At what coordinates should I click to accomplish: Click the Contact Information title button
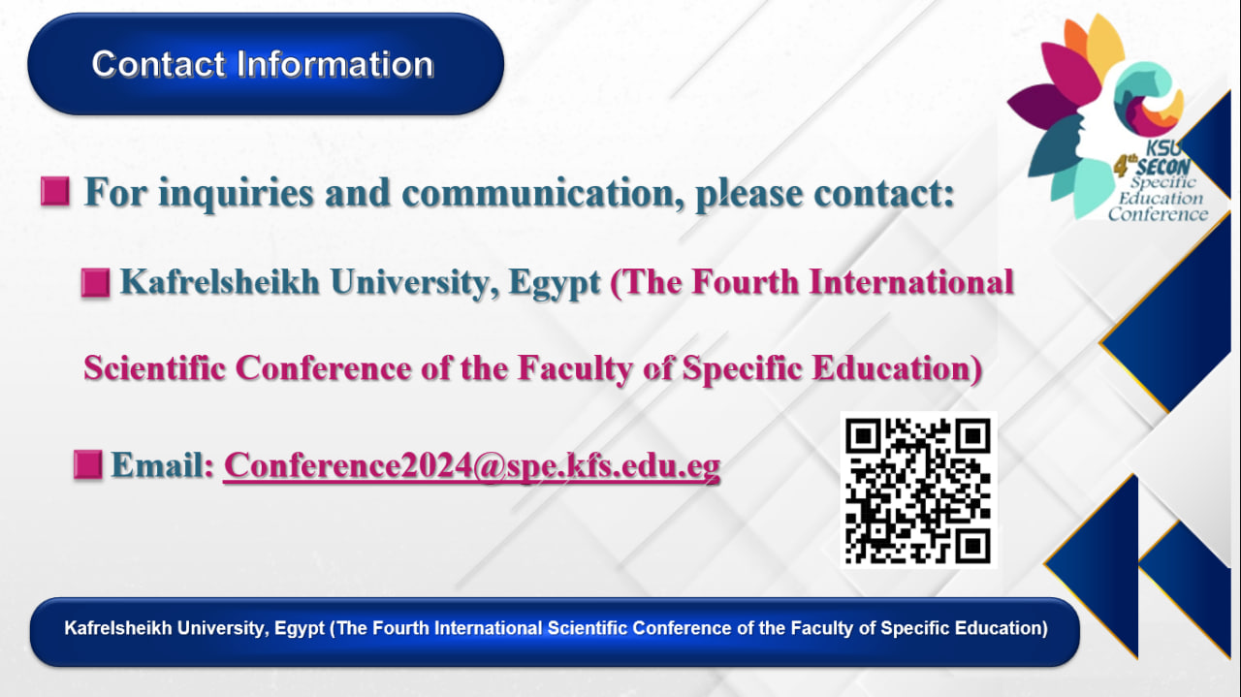tap(266, 64)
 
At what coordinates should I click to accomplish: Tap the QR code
tap(918, 491)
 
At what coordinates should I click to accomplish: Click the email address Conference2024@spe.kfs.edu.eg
tap(472, 465)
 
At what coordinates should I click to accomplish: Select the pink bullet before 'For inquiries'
tap(55, 192)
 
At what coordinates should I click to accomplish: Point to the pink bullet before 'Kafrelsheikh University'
tap(95, 282)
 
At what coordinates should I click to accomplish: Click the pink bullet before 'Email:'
tap(88, 464)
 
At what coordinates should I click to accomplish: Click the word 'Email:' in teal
tap(163, 464)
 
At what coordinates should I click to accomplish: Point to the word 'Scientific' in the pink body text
tap(154, 368)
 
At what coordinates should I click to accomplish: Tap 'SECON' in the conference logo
tap(1162, 167)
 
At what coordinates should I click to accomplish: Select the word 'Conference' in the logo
tap(1158, 214)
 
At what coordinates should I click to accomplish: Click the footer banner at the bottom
tap(556, 631)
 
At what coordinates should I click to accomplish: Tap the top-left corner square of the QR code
tap(863, 436)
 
